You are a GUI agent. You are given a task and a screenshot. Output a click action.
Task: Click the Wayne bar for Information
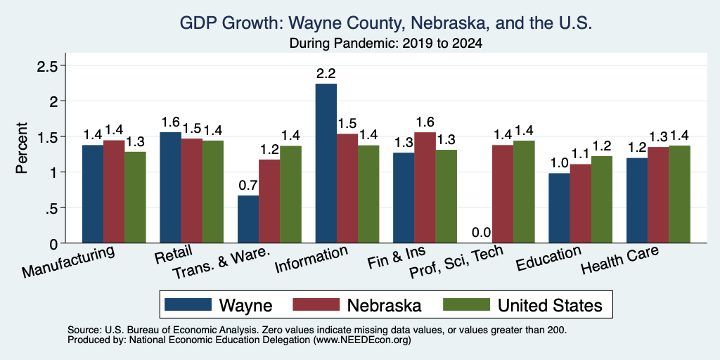pos(326,163)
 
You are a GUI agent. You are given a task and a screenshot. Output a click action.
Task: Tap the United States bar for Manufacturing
pos(135,198)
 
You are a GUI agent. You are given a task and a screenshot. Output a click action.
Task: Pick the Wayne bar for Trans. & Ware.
pos(248,219)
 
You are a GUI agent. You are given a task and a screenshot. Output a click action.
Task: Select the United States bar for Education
pos(602,199)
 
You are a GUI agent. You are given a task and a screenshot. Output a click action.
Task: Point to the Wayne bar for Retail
pos(170,187)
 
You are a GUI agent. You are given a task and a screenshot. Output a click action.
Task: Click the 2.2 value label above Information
pos(326,73)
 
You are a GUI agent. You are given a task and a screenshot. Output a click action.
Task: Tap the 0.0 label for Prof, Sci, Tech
pos(482,232)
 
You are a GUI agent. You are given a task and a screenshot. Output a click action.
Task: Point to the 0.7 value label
pos(248,186)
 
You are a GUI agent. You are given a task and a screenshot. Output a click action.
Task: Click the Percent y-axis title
pos(22,148)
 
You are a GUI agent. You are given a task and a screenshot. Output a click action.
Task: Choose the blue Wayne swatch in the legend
pos(188,304)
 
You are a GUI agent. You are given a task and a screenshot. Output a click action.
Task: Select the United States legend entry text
pos(550,305)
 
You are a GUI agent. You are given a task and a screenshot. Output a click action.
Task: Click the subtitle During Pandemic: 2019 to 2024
pos(386,44)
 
